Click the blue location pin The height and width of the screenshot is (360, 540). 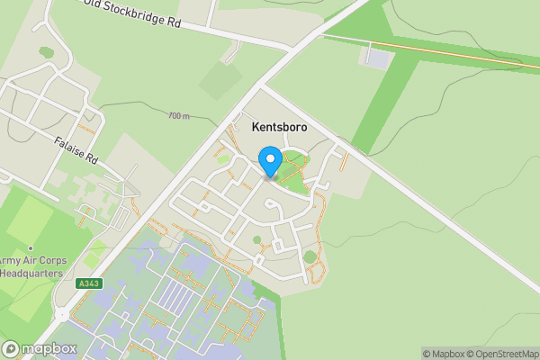pos(270,162)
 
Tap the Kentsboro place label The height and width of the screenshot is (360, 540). pos(274,128)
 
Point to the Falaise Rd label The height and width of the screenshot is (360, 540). pos(75,150)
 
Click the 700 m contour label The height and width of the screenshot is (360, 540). pos(179,116)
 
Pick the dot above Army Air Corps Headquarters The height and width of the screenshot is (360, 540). pos(31,247)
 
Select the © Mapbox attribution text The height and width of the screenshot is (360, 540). pos(442,354)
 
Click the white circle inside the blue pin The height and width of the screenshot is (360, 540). pos(270,159)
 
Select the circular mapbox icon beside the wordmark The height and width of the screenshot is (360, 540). pos(11,348)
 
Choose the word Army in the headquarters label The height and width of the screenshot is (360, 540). pos(10,260)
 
